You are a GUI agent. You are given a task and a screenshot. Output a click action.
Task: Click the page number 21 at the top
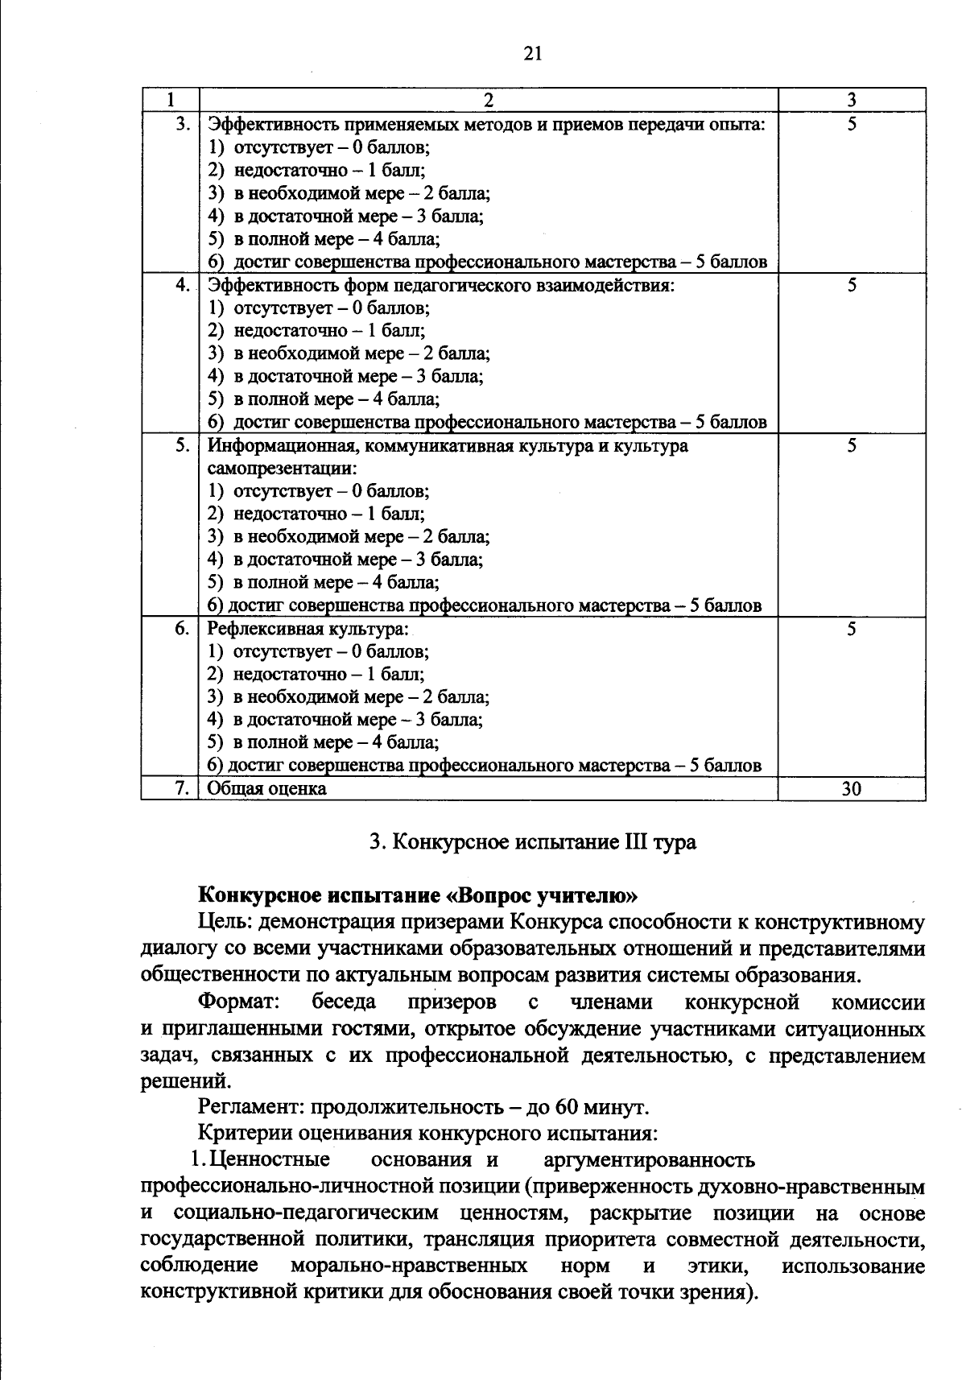pyautogui.click(x=532, y=54)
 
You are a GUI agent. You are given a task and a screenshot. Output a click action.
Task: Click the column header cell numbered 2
pyautogui.click(x=488, y=100)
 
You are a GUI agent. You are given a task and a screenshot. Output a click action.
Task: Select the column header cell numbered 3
pyautogui.click(x=851, y=100)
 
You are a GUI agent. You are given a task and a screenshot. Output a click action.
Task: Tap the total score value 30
pyautogui.click(x=851, y=789)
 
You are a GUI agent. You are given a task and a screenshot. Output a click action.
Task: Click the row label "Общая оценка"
pyautogui.click(x=267, y=789)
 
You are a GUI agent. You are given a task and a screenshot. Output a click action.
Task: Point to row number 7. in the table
pyautogui.click(x=182, y=789)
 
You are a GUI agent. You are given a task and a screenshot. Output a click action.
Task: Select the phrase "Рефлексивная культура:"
pyautogui.click(x=308, y=629)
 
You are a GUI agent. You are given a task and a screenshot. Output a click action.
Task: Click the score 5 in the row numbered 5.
pyautogui.click(x=851, y=446)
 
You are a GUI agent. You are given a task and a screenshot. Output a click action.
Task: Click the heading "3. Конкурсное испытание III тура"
pyautogui.click(x=532, y=842)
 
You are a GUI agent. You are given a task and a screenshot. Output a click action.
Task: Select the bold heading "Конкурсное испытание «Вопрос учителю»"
pyautogui.click(x=418, y=895)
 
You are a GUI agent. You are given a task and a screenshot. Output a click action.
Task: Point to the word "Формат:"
pyautogui.click(x=239, y=1002)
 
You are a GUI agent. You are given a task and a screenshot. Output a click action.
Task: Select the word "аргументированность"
pyautogui.click(x=650, y=1160)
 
